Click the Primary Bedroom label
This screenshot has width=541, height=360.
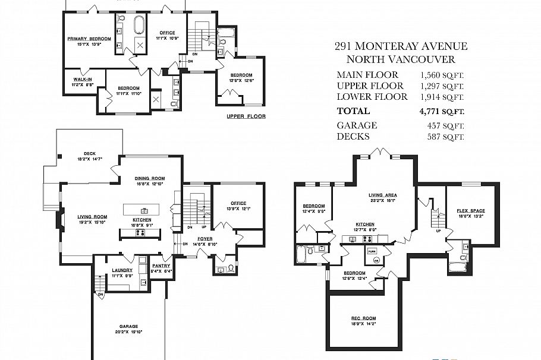point(89,39)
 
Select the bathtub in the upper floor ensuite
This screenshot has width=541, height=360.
point(139,27)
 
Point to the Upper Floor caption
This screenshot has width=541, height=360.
point(246,116)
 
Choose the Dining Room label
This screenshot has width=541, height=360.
point(149,178)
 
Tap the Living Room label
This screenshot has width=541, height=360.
point(92,216)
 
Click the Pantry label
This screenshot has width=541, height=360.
point(161,266)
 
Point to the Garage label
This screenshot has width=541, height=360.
point(128,326)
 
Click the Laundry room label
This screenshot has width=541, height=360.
point(122,270)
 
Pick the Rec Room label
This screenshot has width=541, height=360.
point(363,318)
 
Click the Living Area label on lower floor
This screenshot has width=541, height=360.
point(382,195)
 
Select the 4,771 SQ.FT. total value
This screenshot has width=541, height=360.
point(442,111)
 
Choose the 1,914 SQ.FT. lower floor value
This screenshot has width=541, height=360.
point(442,97)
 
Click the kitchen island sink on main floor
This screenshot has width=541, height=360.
point(143,210)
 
